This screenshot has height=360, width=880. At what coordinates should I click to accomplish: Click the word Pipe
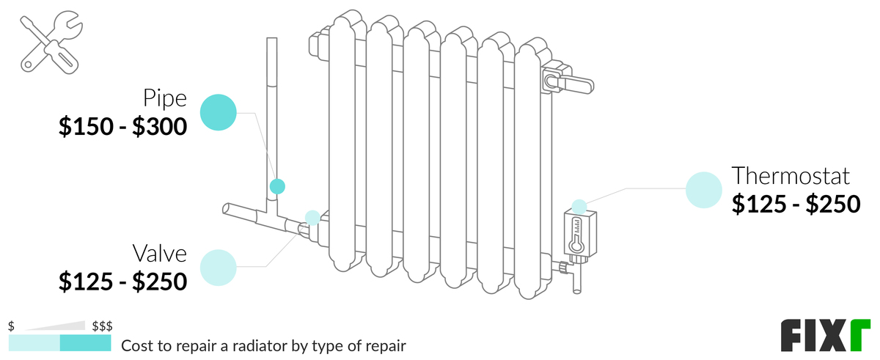165,98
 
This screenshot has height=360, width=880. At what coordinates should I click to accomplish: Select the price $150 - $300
123,126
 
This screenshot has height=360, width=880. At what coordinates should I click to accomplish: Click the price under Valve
123,281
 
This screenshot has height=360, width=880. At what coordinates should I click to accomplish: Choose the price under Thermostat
796,204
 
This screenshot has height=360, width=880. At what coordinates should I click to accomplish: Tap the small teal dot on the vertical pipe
276,186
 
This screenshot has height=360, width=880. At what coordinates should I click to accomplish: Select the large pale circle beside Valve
218,267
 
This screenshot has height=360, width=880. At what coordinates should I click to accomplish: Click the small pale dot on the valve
312,217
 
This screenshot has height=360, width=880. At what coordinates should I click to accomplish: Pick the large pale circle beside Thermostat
704,190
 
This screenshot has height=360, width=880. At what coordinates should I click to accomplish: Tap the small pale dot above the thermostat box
579,206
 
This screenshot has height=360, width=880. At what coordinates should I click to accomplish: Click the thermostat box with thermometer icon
579,233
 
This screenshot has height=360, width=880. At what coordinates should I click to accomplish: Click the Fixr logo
825,337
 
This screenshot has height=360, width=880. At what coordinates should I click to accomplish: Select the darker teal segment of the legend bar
85,343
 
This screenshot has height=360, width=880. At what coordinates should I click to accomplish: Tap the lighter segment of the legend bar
34,343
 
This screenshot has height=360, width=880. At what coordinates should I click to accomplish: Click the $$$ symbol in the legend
102,326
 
